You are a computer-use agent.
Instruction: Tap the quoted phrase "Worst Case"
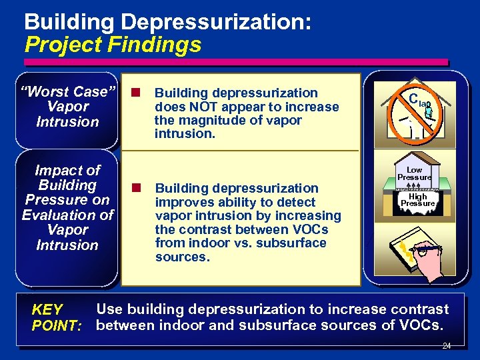click(67, 91)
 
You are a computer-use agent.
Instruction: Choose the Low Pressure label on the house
click(414, 174)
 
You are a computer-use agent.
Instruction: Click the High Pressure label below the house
click(417, 200)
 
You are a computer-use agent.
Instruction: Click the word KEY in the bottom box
click(47, 310)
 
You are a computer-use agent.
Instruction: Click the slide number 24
click(446, 346)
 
